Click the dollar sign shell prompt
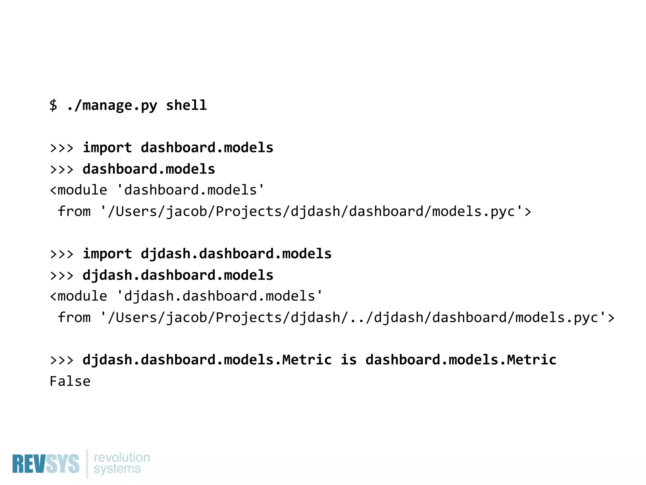53,105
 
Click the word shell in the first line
186,105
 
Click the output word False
70,381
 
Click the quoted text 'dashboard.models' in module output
191,190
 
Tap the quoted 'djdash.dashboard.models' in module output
220,296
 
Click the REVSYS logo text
46,464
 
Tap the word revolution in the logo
122,457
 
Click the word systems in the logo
117,469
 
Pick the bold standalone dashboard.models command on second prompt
149,169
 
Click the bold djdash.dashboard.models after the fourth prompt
178,275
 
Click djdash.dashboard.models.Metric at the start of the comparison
207,360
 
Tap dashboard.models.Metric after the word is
461,360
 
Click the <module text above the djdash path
79,296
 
